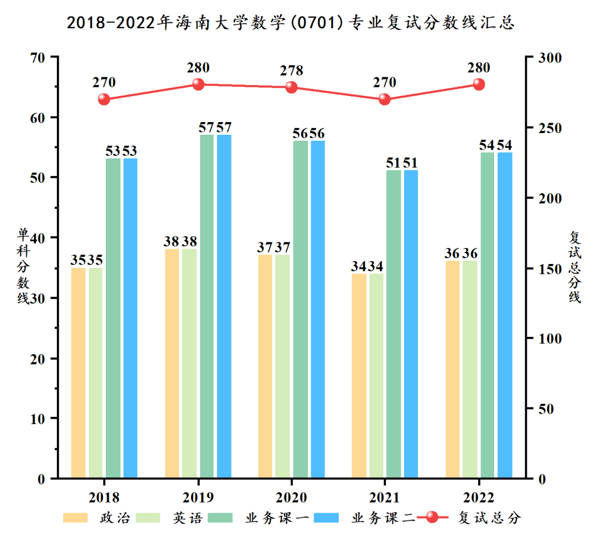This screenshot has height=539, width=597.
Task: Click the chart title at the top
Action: tap(291, 22)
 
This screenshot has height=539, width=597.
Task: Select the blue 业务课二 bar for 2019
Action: tap(224, 307)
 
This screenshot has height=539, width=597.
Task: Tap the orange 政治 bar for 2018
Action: tap(78, 373)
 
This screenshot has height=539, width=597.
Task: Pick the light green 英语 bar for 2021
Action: tap(376, 376)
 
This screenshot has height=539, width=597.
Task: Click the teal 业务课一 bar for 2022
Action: tap(487, 315)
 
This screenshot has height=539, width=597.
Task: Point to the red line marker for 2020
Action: tap(291, 87)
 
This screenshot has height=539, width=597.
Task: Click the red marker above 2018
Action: tap(104, 99)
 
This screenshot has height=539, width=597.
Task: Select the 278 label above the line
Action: tap(291, 71)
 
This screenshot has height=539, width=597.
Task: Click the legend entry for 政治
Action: tap(97, 518)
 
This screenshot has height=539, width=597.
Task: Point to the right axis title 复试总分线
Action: tap(575, 266)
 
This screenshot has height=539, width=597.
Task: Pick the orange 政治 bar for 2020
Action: tap(265, 367)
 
